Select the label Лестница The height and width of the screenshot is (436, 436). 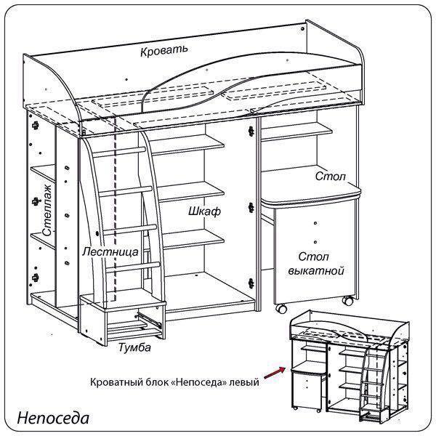point(110,252)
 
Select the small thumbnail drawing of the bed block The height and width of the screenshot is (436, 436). point(349,367)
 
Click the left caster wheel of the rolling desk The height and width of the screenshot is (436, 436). point(279,308)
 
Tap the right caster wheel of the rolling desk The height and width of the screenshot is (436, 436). point(348,300)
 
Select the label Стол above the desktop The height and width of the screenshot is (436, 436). point(331,177)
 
